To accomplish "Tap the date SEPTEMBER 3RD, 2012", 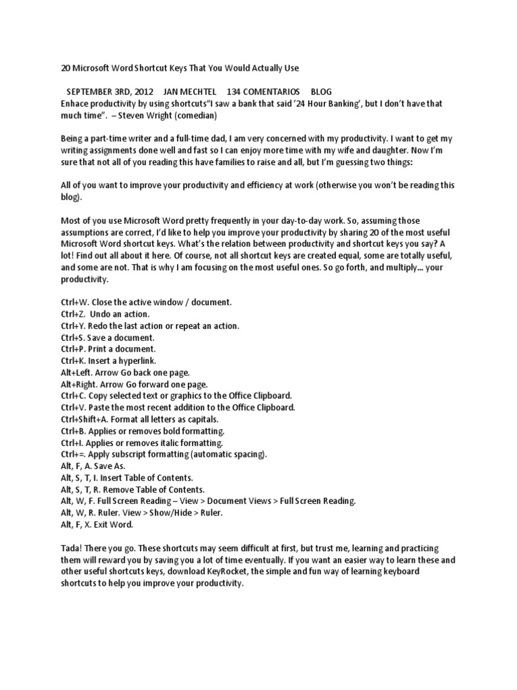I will click(109, 92).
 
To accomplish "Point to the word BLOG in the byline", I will click(321, 92).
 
